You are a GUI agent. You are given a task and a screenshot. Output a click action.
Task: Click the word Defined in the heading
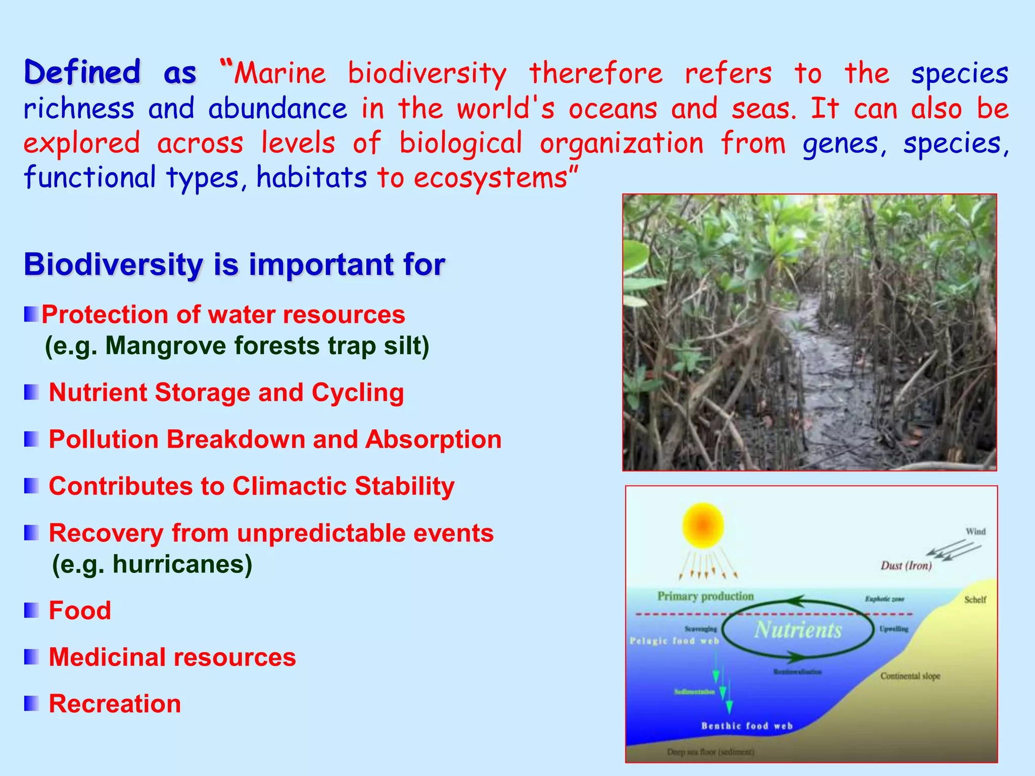click(x=82, y=72)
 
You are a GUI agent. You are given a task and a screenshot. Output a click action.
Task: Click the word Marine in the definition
click(x=280, y=73)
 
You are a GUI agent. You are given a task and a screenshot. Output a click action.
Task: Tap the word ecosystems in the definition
click(x=491, y=178)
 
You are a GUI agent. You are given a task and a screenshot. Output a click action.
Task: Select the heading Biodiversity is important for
click(x=234, y=264)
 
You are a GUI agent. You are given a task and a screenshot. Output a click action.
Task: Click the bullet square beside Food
click(x=31, y=610)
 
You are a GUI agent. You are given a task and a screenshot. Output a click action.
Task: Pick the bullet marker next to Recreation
click(x=31, y=703)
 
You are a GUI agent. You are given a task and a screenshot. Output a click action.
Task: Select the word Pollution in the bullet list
click(x=104, y=439)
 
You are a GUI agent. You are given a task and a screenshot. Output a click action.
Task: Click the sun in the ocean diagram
click(x=702, y=526)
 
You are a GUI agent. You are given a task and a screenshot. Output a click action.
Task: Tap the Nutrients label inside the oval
click(x=798, y=630)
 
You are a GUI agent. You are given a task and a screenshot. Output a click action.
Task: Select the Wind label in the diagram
click(x=975, y=531)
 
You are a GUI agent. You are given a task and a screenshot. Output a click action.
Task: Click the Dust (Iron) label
click(x=906, y=565)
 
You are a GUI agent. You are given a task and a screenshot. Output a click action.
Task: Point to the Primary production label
click(x=705, y=596)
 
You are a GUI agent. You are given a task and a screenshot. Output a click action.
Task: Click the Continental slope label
click(x=910, y=676)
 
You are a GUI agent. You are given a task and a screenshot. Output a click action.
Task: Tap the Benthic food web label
click(x=747, y=726)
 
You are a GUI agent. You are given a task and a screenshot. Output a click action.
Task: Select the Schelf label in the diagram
click(x=975, y=600)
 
